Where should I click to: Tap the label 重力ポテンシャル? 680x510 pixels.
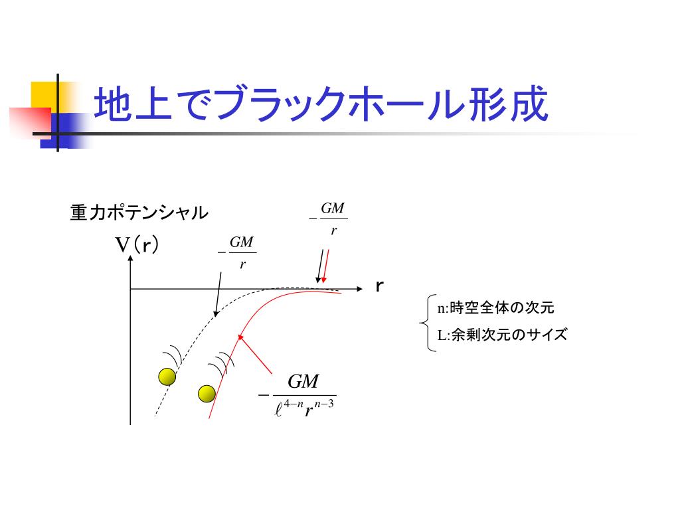click(139, 213)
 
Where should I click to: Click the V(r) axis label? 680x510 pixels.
click(137, 246)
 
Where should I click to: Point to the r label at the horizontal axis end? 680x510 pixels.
click(380, 287)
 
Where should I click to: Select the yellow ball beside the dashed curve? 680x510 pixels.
click(167, 377)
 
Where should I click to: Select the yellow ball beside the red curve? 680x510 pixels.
click(207, 394)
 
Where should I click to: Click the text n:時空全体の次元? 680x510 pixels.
click(495, 307)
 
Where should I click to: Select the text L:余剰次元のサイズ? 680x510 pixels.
click(502, 335)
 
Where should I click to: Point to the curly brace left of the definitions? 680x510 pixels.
click(426, 323)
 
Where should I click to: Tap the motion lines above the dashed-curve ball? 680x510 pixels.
click(175, 353)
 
